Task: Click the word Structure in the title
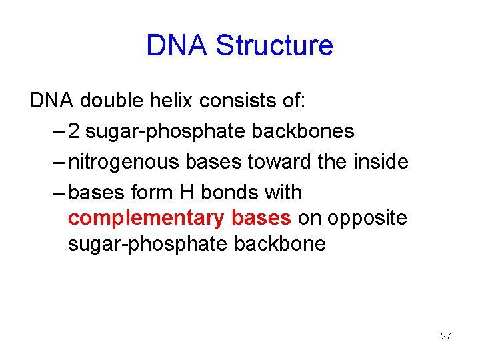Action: tap(275, 46)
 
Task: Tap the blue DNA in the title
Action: tap(177, 46)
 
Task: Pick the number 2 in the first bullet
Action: tap(74, 131)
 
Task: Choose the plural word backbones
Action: tap(303, 131)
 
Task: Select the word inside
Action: tap(380, 162)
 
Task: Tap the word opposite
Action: tap(371, 219)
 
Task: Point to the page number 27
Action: tap(445, 336)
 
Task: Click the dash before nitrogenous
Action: tap(57, 162)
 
